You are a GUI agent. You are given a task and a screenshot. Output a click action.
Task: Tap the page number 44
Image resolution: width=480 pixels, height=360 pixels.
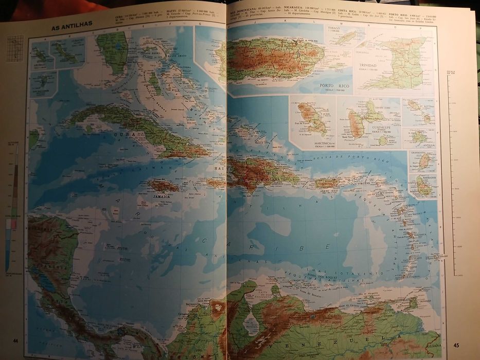pyautogui.click(x=15, y=340)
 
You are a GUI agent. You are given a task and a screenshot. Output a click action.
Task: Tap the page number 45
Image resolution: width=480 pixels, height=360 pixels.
pyautogui.click(x=456, y=344)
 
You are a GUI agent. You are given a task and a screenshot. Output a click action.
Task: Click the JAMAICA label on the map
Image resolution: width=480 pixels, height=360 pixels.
pyautogui.click(x=161, y=196)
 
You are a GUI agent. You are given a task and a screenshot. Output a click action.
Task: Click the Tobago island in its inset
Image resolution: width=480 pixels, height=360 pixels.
pyautogui.click(x=346, y=37)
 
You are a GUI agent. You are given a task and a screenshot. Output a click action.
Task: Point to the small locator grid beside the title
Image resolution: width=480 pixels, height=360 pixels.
pyautogui.click(x=15, y=48)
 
